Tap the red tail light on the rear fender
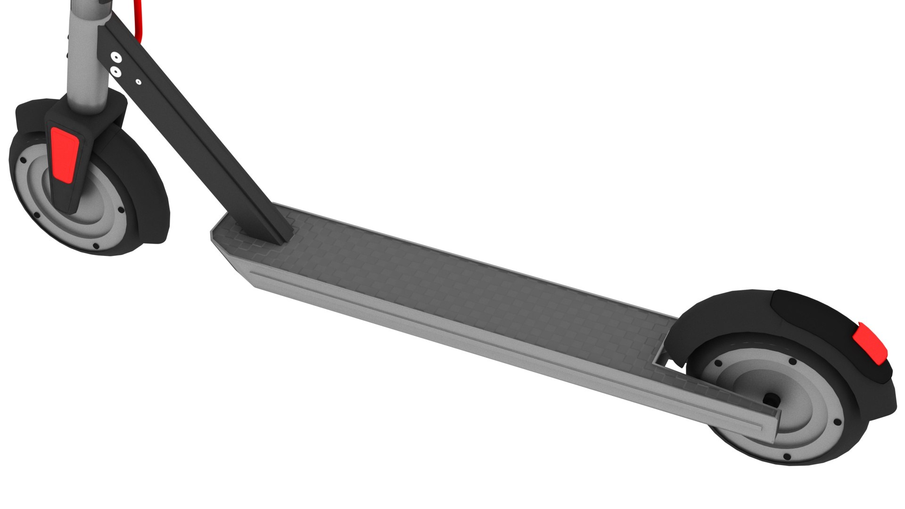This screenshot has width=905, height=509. [872, 343]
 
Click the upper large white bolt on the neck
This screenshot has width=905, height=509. [115, 57]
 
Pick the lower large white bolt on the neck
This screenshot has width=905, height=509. [115, 71]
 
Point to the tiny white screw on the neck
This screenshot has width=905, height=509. [138, 82]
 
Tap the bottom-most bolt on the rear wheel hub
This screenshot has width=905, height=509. [786, 456]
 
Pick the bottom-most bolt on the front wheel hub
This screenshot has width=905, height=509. [96, 246]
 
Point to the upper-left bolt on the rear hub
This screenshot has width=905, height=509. [718, 364]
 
